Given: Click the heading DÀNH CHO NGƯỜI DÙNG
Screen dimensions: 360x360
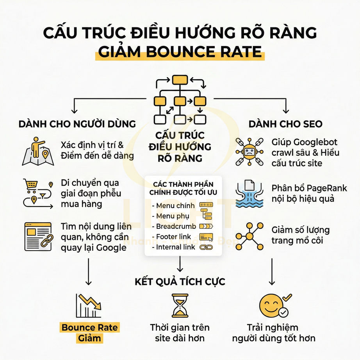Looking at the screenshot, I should [x=77, y=124].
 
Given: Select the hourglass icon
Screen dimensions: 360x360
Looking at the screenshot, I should [x=180, y=306].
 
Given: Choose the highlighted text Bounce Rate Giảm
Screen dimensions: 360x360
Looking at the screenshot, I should [x=89, y=332].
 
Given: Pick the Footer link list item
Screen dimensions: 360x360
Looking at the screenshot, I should [x=174, y=237].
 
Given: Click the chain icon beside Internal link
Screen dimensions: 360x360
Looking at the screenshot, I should [x=206, y=247].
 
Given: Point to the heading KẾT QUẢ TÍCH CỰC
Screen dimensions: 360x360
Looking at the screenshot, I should [x=180, y=282].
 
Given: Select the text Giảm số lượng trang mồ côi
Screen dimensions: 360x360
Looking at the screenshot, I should [x=301, y=235].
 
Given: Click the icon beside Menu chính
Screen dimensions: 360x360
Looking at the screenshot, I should [x=206, y=205].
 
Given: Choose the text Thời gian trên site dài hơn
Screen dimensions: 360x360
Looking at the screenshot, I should [x=180, y=333].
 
